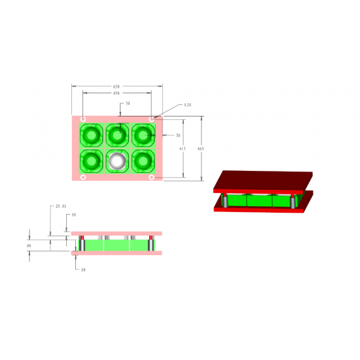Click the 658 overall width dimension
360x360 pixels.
click(x=117, y=86)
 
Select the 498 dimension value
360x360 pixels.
click(x=117, y=94)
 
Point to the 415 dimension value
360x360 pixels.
click(x=182, y=149)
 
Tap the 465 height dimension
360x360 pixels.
click(x=200, y=149)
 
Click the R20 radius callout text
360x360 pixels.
click(x=187, y=105)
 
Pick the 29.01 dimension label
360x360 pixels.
click(x=61, y=206)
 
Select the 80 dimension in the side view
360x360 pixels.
click(x=29, y=247)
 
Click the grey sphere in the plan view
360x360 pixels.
click(x=117, y=160)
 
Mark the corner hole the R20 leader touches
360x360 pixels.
click(x=152, y=119)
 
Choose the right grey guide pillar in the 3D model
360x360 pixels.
click(x=293, y=202)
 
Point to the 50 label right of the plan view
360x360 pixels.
click(x=178, y=135)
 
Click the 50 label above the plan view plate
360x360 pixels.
click(x=128, y=103)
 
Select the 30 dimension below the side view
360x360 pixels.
click(x=84, y=269)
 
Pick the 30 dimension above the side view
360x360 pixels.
click(x=73, y=215)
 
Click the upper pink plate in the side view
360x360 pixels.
click(x=117, y=232)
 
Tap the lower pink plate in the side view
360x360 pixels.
click(x=117, y=253)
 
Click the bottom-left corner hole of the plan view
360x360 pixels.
click(x=83, y=177)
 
